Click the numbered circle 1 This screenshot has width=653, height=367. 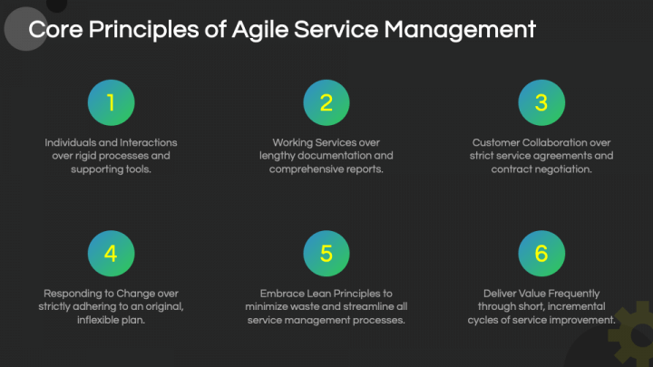pos(111,103)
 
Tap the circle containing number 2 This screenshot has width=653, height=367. pos(326,103)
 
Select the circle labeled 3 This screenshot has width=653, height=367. pos(541,103)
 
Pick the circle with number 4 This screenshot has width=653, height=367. pos(111,254)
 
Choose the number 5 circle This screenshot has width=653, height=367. pos(326,254)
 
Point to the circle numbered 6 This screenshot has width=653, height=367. pos(541,254)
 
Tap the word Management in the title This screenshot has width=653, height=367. pos(460,30)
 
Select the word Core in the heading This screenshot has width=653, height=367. pos(51,30)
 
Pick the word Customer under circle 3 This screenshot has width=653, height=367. pos(496,142)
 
